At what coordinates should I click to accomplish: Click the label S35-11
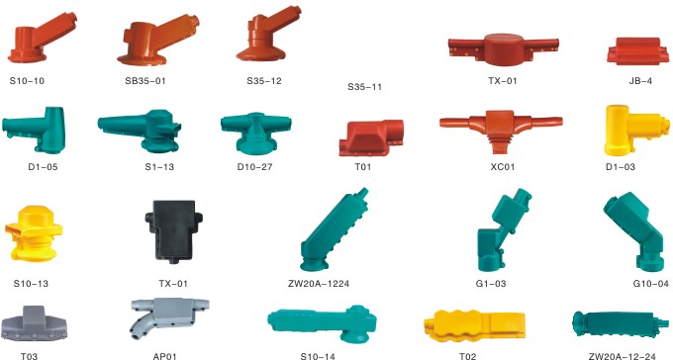(x=364, y=87)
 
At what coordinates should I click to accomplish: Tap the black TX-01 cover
(x=174, y=230)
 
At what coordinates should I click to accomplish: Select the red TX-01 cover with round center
(x=504, y=49)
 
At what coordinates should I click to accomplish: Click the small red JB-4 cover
(x=637, y=51)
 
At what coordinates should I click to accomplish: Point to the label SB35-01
(x=145, y=81)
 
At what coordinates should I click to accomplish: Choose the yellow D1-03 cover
(x=636, y=130)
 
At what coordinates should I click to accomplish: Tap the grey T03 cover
(x=34, y=324)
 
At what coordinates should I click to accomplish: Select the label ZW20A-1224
(x=319, y=284)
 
